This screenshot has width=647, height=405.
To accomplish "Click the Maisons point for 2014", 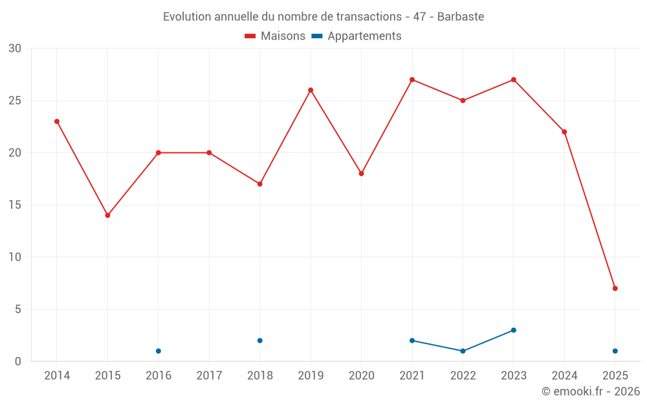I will click(x=57, y=121).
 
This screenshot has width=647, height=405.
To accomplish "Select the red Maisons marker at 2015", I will click(x=107, y=215).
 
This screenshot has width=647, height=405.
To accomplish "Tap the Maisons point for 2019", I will click(x=311, y=90).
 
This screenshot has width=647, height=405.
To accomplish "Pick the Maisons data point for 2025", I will click(x=615, y=288).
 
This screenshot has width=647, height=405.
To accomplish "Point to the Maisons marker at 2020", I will click(x=362, y=174).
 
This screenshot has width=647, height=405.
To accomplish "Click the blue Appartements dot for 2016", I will click(x=159, y=351).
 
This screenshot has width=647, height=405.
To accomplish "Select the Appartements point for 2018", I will click(x=260, y=341).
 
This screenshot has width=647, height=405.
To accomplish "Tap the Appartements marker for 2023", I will click(x=514, y=330).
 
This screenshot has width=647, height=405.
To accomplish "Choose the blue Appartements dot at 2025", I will click(x=615, y=351).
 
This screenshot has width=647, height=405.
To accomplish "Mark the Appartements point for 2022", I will click(x=463, y=351).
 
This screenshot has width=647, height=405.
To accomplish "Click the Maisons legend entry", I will click(x=275, y=36).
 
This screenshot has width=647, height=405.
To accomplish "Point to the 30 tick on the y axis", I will click(x=15, y=49).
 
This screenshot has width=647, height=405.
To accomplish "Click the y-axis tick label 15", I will click(x=15, y=205).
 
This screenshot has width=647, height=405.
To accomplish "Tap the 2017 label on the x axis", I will click(x=209, y=376).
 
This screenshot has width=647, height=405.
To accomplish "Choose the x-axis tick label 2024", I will click(x=564, y=376).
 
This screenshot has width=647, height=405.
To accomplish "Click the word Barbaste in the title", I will click(x=461, y=17).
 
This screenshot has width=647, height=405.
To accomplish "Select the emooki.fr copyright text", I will click(x=591, y=391).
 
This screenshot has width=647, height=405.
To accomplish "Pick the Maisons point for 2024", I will click(x=564, y=132).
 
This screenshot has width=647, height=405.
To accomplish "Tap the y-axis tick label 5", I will click(x=18, y=309).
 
